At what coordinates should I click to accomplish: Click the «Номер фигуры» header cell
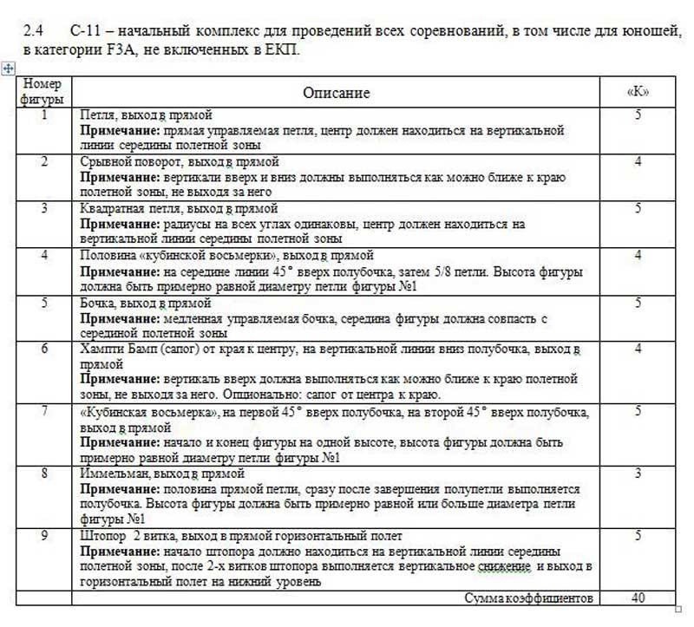[x=43, y=92]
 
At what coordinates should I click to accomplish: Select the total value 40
[x=638, y=598]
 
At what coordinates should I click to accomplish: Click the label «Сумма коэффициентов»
[x=528, y=598]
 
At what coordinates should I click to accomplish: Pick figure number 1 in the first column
[x=43, y=114]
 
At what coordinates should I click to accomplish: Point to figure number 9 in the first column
[x=43, y=536]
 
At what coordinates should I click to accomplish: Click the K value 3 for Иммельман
[x=638, y=474]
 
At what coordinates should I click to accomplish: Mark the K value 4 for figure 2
[x=638, y=162]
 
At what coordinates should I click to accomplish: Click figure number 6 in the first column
[x=43, y=349]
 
